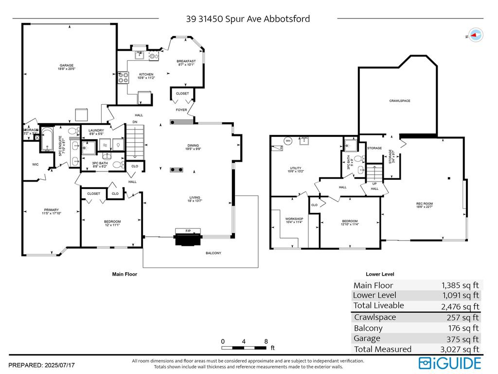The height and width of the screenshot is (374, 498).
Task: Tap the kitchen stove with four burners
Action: [123, 77]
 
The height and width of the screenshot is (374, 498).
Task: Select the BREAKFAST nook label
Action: [186, 61]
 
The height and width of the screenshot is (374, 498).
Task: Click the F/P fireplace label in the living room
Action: [187, 230]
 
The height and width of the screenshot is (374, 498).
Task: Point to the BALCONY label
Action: [213, 253]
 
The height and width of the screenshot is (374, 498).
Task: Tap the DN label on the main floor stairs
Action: [135, 122]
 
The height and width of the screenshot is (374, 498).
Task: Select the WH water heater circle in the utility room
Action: [287, 141]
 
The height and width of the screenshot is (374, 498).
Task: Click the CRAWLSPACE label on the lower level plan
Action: [400, 101]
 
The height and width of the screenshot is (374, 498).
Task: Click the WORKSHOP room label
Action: [294, 219]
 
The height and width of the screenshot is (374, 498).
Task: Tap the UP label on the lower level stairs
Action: [374, 184]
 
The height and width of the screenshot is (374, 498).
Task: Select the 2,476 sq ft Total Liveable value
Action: [460, 306]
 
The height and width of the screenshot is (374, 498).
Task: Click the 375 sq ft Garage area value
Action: [464, 339]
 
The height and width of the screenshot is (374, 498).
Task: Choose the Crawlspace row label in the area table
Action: [375, 318]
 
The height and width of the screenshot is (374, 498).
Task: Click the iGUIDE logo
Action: [450, 363]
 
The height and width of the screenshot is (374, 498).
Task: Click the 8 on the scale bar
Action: [266, 341]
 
